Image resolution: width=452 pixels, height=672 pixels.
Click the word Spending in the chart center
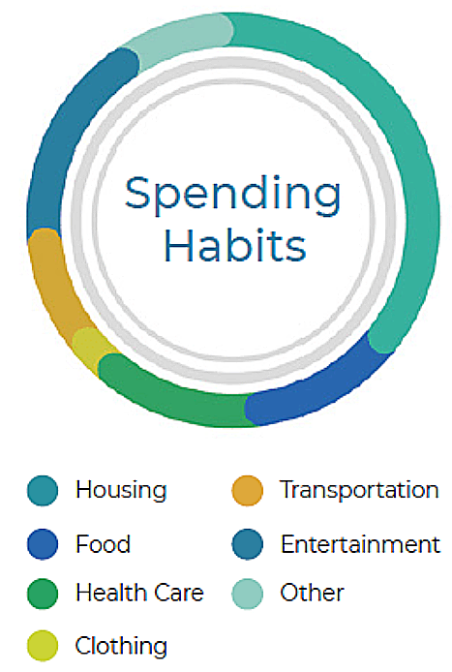pos(232,196)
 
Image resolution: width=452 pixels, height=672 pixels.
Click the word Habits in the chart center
pos(235,245)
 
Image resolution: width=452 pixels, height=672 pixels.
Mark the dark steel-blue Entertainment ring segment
pos(64,129)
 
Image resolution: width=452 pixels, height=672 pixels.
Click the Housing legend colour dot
pos(43,490)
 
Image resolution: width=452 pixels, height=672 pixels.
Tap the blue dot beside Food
pos(43,544)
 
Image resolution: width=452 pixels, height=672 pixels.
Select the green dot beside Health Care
pos(43,594)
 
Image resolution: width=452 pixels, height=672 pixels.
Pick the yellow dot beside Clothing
pos(43,646)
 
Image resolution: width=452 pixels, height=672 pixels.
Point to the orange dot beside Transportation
pos(247,490)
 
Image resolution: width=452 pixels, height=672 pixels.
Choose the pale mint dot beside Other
pos(247,594)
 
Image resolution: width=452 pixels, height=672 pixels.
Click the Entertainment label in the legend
pos(360,544)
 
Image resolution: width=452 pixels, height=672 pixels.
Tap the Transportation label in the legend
pos(359,490)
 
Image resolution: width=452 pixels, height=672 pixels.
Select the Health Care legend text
pos(139,593)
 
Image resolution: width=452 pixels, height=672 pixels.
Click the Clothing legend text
pos(121,646)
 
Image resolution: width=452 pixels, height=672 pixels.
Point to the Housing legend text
pos(121,491)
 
